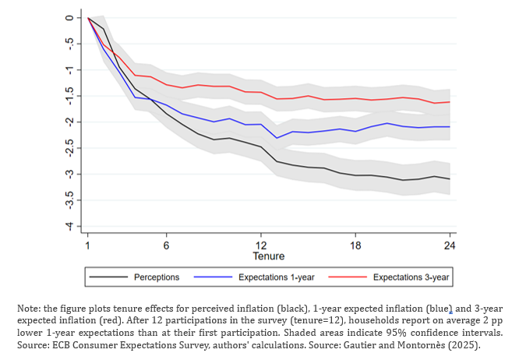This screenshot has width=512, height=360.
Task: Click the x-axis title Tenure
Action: (268, 256)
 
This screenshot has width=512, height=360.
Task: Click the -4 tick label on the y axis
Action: (69, 226)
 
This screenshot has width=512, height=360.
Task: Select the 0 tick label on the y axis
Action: (69, 17)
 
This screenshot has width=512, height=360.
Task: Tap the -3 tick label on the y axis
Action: (69, 174)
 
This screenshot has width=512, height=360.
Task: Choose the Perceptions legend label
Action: (157, 277)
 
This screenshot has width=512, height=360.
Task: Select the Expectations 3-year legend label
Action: (410, 277)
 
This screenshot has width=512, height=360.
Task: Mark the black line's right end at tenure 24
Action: (449, 179)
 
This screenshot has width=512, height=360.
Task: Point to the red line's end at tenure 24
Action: (449, 102)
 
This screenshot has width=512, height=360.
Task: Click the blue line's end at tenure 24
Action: (449, 127)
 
